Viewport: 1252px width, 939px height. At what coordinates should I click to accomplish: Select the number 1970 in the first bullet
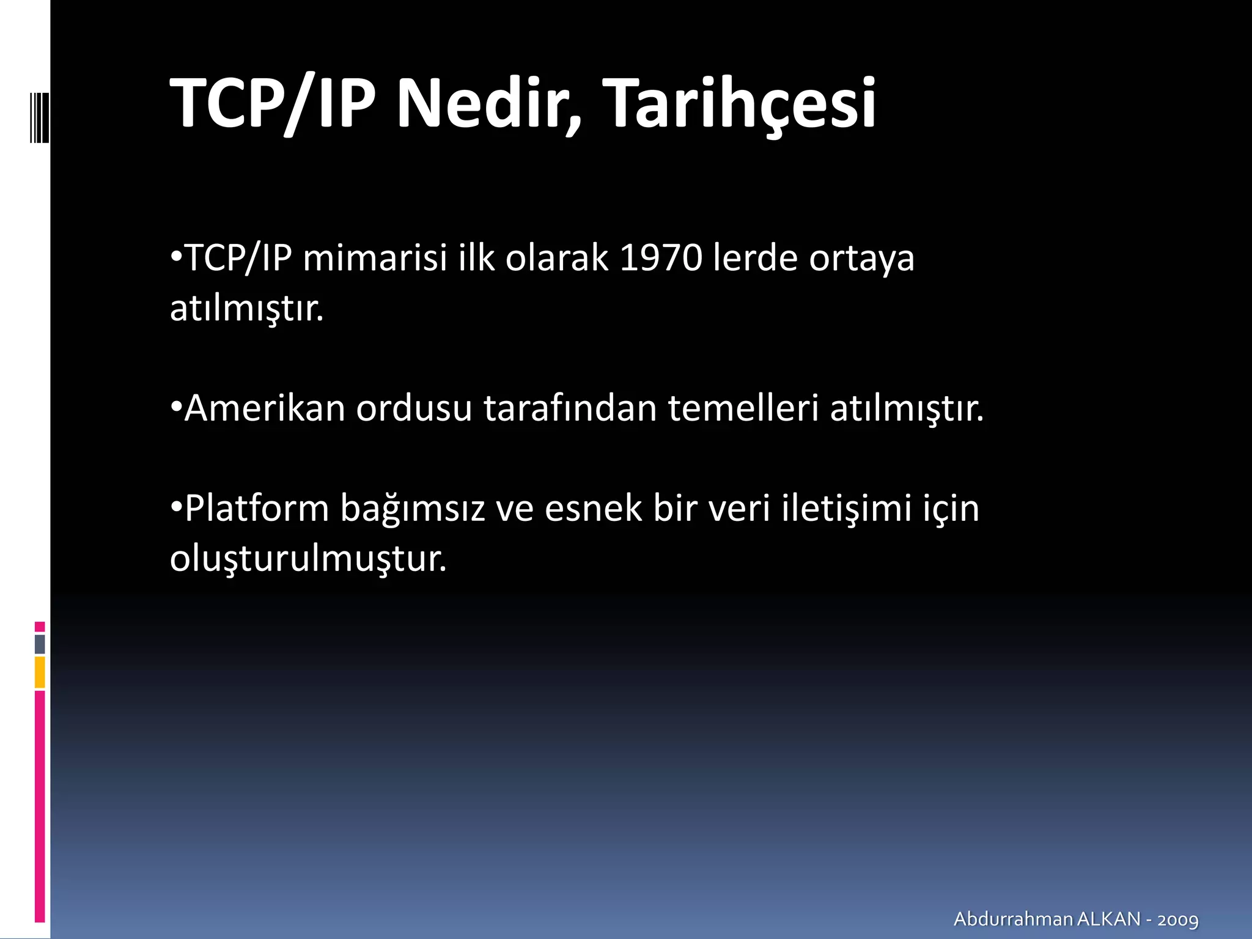tap(661, 258)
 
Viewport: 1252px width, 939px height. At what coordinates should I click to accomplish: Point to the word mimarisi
tap(375, 258)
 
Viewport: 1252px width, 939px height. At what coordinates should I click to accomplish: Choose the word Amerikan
tap(265, 408)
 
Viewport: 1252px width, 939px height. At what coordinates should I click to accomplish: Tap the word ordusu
tap(414, 408)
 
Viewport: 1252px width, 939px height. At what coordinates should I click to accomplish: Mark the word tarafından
tap(570, 408)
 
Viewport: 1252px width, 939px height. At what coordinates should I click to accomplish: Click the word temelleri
tap(743, 408)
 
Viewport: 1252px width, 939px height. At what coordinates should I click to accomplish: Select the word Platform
tap(257, 508)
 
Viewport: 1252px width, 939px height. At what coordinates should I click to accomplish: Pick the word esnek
tap(593, 508)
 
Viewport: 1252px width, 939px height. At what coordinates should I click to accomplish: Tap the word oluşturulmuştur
tap(308, 559)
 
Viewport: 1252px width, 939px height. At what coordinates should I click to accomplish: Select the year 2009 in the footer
tap(1177, 919)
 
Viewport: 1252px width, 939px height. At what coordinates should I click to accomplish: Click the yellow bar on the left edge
tap(40, 672)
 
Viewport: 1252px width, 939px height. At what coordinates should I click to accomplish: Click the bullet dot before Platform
tap(176, 507)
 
